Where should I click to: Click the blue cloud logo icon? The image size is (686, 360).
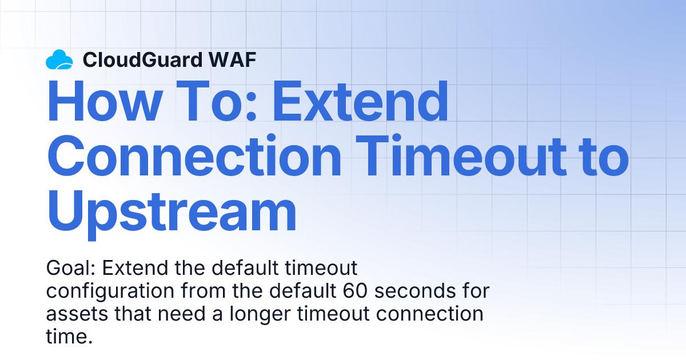pyautogui.click(x=59, y=59)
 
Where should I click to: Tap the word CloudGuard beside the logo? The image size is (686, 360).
pyautogui.click(x=143, y=59)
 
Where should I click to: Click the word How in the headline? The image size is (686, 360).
pyautogui.click(x=105, y=101)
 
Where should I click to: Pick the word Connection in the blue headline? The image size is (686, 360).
pyautogui.click(x=194, y=156)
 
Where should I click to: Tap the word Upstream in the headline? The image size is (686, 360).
pyautogui.click(x=172, y=212)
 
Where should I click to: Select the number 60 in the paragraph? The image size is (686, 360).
pyautogui.click(x=355, y=290)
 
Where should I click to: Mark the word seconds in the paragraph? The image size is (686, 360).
pyautogui.click(x=415, y=290)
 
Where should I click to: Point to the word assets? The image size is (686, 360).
pyautogui.click(x=77, y=314)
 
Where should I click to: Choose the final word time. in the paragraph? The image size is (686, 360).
pyautogui.click(x=69, y=336)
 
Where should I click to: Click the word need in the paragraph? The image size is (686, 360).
pyautogui.click(x=181, y=314)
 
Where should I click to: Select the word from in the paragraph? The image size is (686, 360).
pyautogui.click(x=204, y=290)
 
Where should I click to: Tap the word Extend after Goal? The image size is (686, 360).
pyautogui.click(x=135, y=268)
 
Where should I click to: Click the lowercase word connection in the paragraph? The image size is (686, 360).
pyautogui.click(x=430, y=314)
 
